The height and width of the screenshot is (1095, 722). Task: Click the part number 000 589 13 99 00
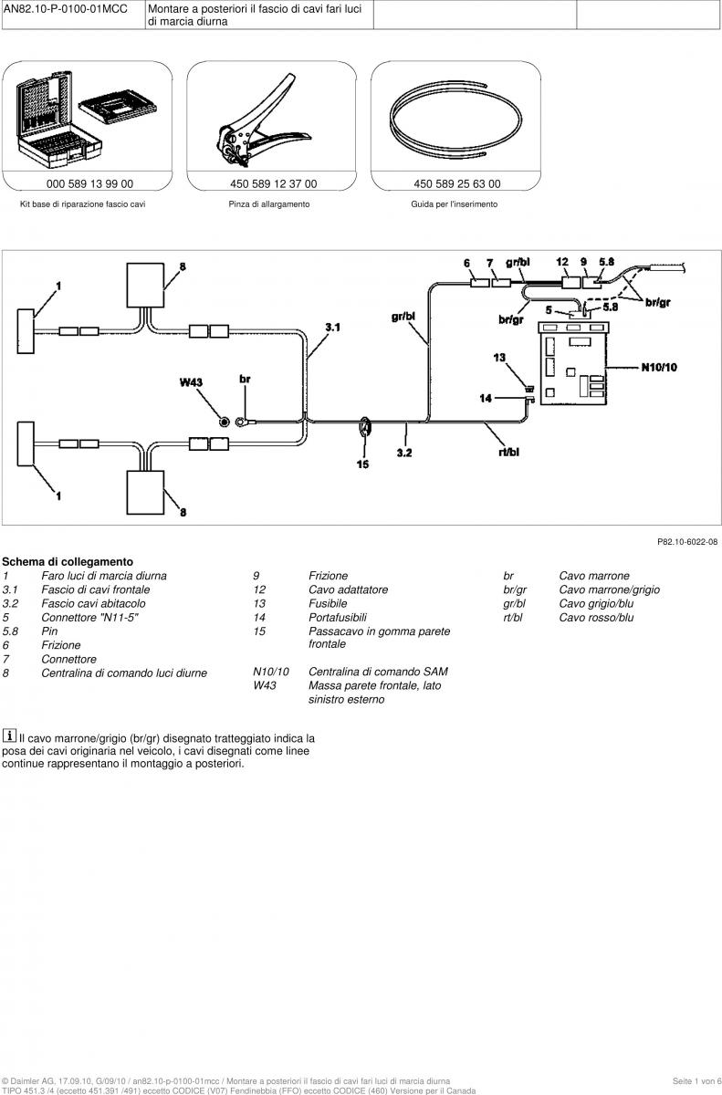pyautogui.click(x=89, y=183)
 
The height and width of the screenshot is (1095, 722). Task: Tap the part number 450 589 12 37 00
pyautogui.click(x=273, y=183)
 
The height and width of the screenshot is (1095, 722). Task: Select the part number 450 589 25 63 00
pyautogui.click(x=457, y=183)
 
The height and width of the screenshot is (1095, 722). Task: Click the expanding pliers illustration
pyautogui.click(x=264, y=120)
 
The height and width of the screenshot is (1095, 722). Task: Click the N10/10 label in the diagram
pyautogui.click(x=659, y=367)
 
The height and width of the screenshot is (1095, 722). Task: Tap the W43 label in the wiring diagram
pyautogui.click(x=191, y=382)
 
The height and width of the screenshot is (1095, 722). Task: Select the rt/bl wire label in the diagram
pyautogui.click(x=509, y=453)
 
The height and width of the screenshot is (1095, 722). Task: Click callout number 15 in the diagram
pyautogui.click(x=362, y=464)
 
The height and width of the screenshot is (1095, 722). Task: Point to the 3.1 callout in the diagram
pyautogui.click(x=333, y=327)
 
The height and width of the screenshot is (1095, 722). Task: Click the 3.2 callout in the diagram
pyautogui.click(x=404, y=453)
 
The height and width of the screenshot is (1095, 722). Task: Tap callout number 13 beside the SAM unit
pyautogui.click(x=499, y=358)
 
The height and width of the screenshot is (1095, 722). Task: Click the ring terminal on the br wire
pyautogui.click(x=242, y=422)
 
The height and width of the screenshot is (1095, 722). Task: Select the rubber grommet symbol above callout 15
pyautogui.click(x=365, y=427)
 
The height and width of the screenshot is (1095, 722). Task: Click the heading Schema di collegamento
pyautogui.click(x=68, y=562)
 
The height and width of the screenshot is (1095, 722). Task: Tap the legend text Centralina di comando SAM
pyautogui.click(x=378, y=672)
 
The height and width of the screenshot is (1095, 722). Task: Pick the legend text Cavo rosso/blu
pyautogui.click(x=596, y=618)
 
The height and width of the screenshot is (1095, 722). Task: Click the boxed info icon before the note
pyautogui.click(x=9, y=735)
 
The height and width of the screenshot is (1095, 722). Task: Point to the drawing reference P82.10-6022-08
pyautogui.click(x=687, y=542)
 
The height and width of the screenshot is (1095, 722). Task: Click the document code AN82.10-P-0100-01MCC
pyautogui.click(x=66, y=9)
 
